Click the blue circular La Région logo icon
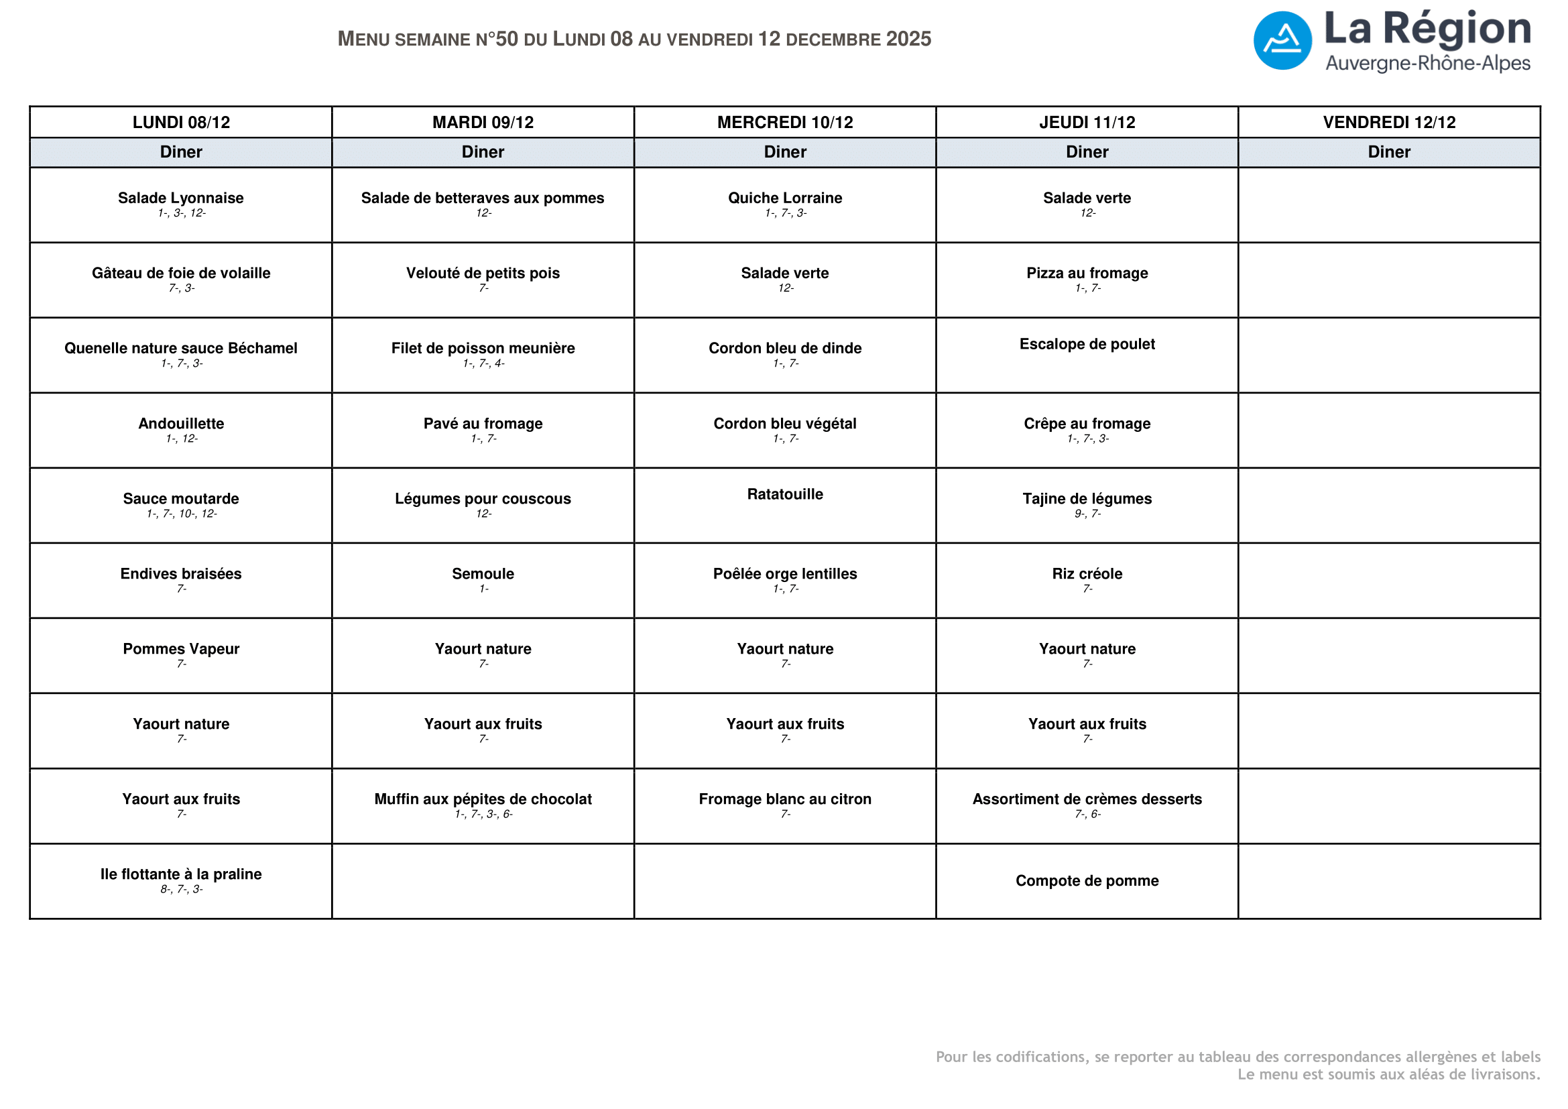tap(1282, 40)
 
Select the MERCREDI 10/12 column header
tap(785, 122)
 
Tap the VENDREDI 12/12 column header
tap(1388, 122)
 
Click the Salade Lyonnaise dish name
tap(181, 198)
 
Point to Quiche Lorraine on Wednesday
tap(785, 198)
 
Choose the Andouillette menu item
tap(181, 423)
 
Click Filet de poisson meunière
tap(483, 348)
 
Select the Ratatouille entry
tap(785, 494)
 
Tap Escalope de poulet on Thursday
tap(1087, 344)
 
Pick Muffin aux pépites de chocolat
tap(483, 799)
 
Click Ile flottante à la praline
tap(181, 874)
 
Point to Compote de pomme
tap(1087, 881)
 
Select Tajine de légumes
tap(1087, 498)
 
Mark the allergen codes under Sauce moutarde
tap(182, 514)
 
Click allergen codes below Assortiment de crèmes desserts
tap(1087, 814)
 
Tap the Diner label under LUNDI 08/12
tap(181, 152)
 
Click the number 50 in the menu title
tap(507, 39)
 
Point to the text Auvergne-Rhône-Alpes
tap(1427, 64)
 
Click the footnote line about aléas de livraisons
tap(1388, 1074)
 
